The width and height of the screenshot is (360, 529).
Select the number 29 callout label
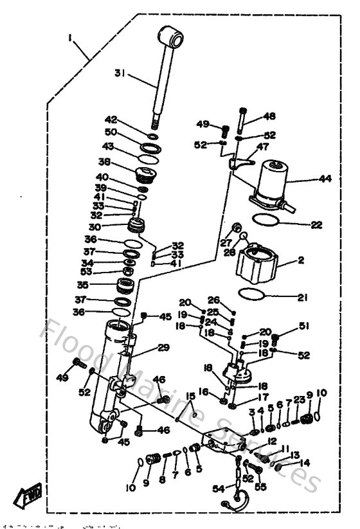[x=163, y=348]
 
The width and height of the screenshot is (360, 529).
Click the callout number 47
[x=262, y=147]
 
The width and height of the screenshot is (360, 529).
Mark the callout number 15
[x=190, y=395]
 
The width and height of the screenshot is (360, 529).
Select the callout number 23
[x=300, y=400]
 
